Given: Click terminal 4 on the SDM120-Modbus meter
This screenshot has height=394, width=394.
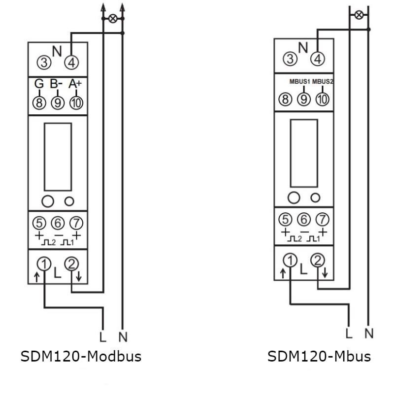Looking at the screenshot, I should [x=72, y=63].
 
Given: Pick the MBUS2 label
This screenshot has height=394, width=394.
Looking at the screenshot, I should [x=323, y=80].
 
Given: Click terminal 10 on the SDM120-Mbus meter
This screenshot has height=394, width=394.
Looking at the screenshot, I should [x=322, y=99].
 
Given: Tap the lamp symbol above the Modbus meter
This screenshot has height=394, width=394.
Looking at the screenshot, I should [x=113, y=19].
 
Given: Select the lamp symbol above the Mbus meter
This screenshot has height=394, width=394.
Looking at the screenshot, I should [x=359, y=15].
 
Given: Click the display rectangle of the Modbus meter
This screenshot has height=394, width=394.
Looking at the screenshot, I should [x=58, y=156].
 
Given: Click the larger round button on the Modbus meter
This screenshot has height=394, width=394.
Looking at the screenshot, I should [x=48, y=200].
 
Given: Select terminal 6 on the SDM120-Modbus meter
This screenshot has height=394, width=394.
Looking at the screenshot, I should [x=58, y=223].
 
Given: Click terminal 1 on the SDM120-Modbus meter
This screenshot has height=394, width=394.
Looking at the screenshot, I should [x=44, y=264].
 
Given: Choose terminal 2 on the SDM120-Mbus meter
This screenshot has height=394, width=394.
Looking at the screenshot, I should [x=318, y=260].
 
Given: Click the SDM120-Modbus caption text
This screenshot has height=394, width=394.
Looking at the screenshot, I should [x=81, y=356].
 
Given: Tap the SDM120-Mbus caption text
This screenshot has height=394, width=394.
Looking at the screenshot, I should [x=319, y=356].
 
